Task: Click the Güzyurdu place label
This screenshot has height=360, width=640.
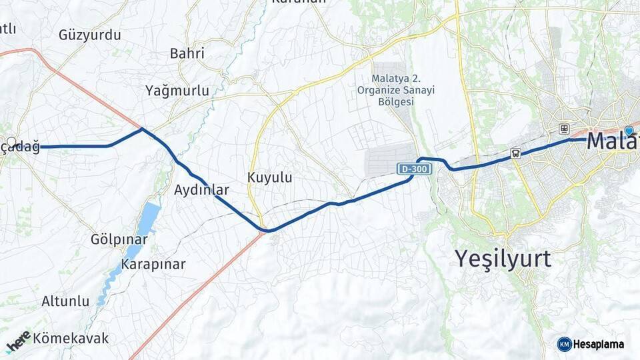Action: coord(90,35)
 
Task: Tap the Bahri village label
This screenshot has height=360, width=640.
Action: coord(187,53)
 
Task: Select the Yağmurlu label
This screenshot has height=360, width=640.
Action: coord(177,91)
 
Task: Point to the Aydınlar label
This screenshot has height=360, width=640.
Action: coord(201,190)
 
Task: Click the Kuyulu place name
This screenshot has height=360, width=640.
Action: coord(270,178)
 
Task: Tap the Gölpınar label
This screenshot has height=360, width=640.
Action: coord(119,239)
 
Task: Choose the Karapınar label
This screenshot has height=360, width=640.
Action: coord(153,264)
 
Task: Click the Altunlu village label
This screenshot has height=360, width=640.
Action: coord(65,301)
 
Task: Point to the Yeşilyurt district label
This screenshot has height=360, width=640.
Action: coord(503,258)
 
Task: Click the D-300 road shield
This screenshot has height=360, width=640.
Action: coord(415,169)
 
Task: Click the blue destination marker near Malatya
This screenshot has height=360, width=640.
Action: coord(629,131)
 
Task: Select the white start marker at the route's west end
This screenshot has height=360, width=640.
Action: coord(11,142)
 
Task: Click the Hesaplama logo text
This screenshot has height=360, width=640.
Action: coord(599,344)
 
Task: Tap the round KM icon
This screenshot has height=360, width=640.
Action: coord(564,344)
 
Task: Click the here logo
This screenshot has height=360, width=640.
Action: coord(18,341)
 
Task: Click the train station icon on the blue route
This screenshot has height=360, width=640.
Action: coord(515,153)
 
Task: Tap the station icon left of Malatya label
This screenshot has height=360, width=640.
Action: coord(564,129)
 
